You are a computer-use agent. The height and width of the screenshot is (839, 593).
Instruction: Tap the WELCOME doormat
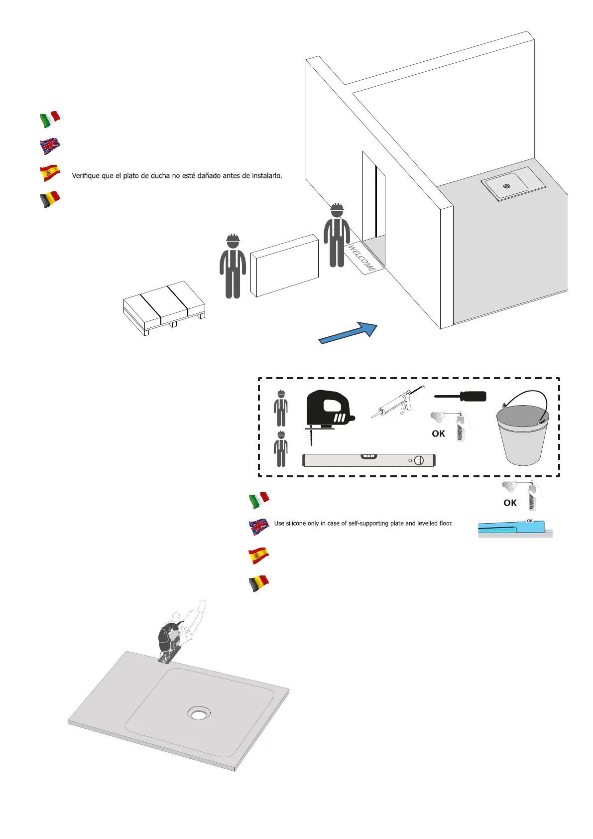coord(363,257)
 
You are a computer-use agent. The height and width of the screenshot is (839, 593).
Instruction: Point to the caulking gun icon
coord(398,403)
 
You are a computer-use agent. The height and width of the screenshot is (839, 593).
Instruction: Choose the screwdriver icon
coord(460,397)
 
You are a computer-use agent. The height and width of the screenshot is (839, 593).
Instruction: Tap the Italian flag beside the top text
coord(50,120)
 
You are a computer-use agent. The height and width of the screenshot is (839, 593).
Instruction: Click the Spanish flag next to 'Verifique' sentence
coord(50,173)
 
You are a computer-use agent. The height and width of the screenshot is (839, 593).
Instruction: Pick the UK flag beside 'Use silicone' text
coord(259,526)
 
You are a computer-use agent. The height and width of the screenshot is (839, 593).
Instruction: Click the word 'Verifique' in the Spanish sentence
coord(86,176)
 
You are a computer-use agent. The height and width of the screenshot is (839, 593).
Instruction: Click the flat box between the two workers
coord(284,266)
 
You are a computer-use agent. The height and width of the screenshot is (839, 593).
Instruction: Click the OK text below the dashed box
coord(510,503)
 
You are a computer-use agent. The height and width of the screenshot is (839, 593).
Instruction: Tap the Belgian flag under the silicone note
coord(259,583)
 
